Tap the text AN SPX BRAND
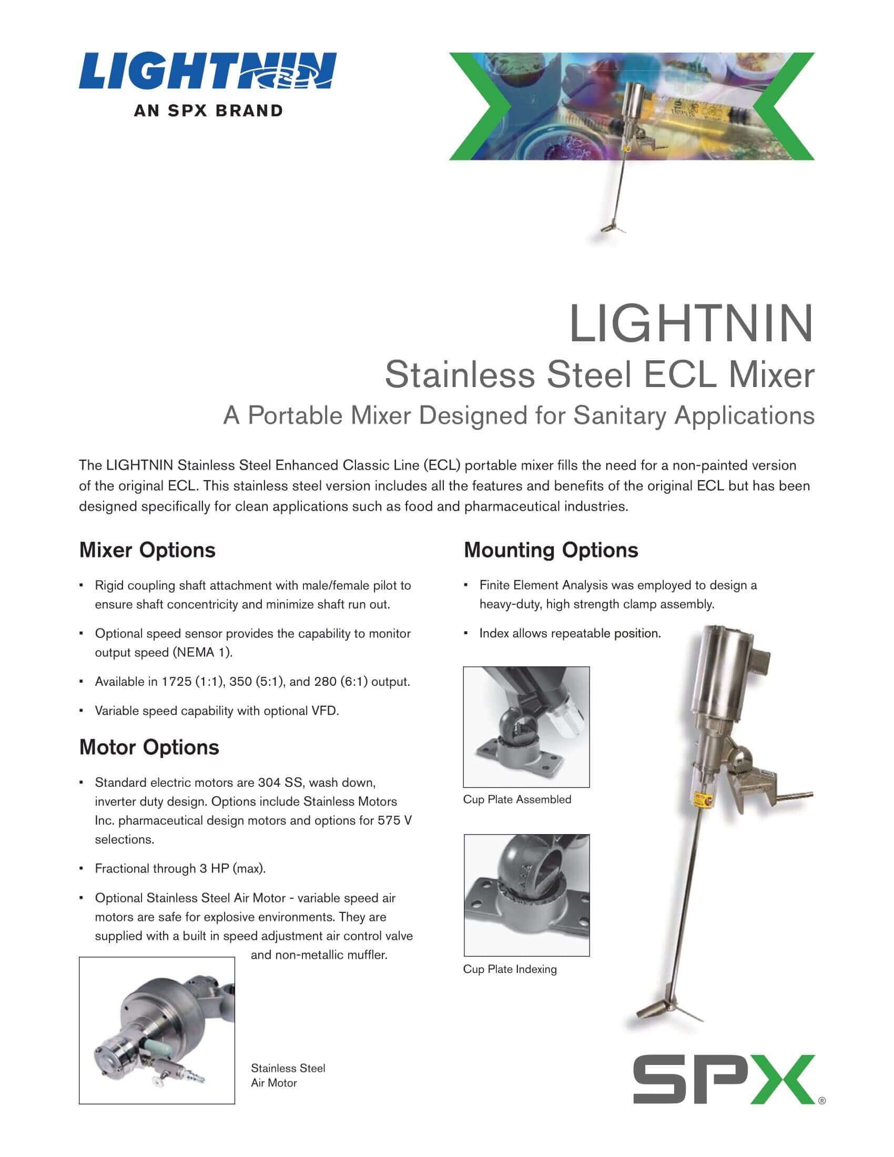point(208,111)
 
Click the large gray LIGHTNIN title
point(690,323)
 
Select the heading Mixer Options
point(147,550)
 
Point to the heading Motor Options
point(149,747)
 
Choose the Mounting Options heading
point(551,550)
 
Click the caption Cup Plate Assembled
point(517,799)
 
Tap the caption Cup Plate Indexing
point(510,969)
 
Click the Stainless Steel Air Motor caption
point(288,1075)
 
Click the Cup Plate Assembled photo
point(526,727)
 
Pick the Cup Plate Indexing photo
point(526,895)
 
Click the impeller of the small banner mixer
point(613,228)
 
